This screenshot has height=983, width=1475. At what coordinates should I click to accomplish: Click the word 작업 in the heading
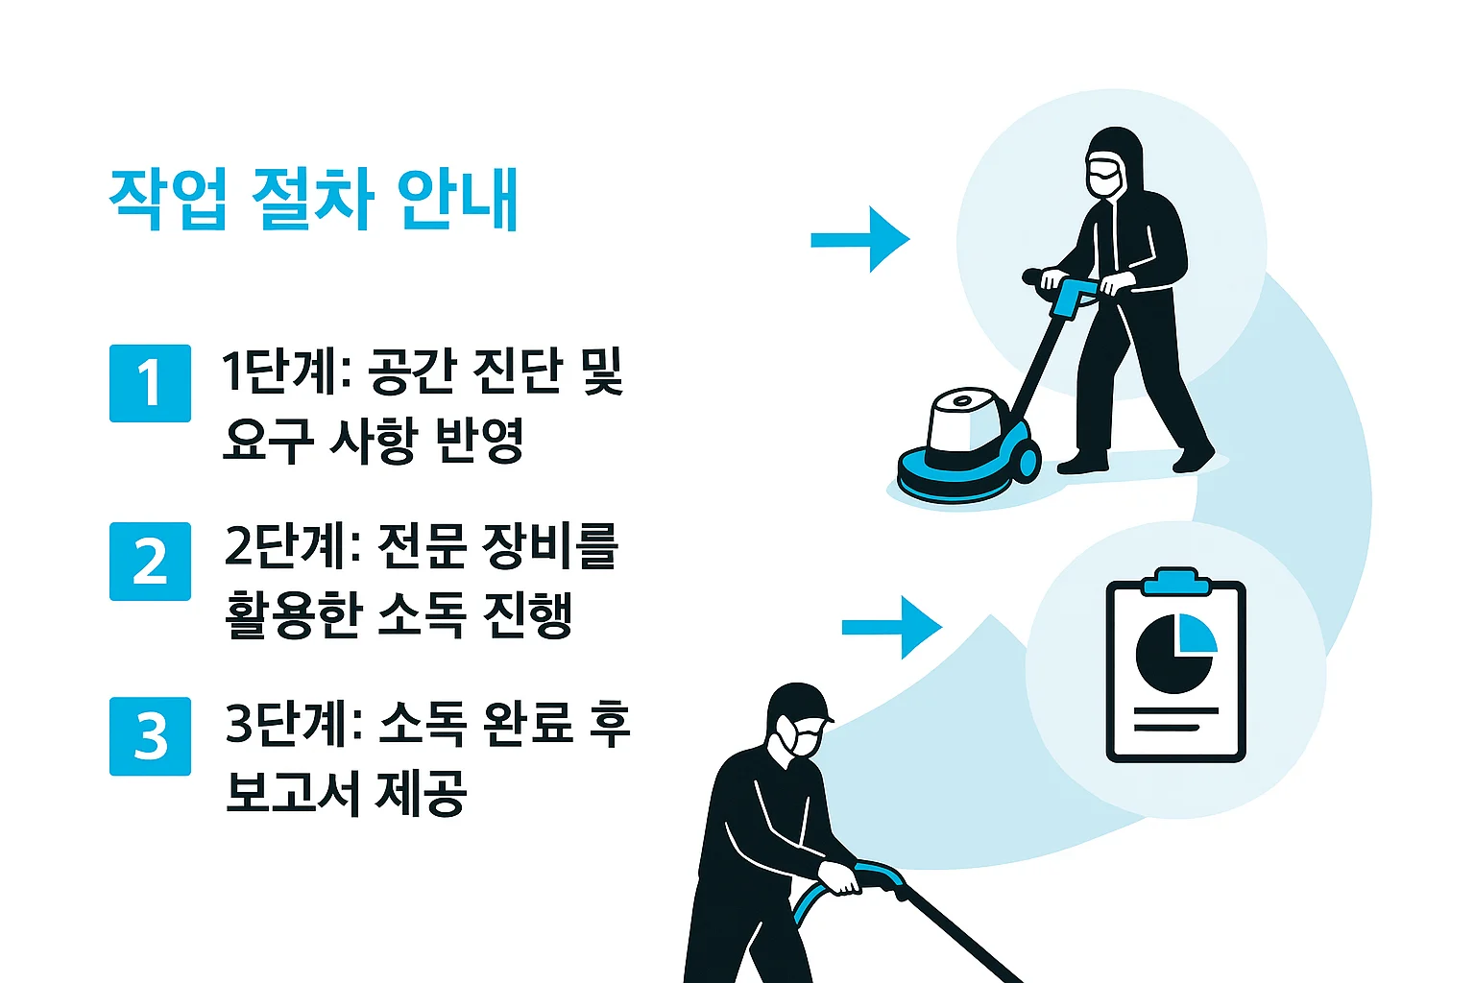tap(168, 199)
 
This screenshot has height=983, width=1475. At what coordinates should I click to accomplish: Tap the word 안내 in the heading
tap(457, 199)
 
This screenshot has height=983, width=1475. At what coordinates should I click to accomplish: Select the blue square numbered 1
tap(150, 383)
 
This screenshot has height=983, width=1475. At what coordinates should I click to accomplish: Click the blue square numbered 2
tap(150, 562)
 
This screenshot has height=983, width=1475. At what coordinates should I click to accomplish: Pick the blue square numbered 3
tap(150, 736)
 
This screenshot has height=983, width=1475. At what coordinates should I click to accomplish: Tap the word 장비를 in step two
tap(550, 546)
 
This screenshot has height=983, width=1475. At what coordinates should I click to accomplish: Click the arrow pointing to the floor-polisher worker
tap(860, 239)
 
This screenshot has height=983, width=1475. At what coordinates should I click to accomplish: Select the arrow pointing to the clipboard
tap(891, 628)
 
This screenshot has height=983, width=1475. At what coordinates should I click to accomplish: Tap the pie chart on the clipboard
tap(1175, 653)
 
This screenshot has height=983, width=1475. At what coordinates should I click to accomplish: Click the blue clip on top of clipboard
tap(1176, 582)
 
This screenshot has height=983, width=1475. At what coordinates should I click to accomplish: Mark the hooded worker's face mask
tap(1105, 176)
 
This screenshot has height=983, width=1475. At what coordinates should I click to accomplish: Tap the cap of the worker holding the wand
tap(799, 705)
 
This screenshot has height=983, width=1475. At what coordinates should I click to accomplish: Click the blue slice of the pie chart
tap(1197, 632)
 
